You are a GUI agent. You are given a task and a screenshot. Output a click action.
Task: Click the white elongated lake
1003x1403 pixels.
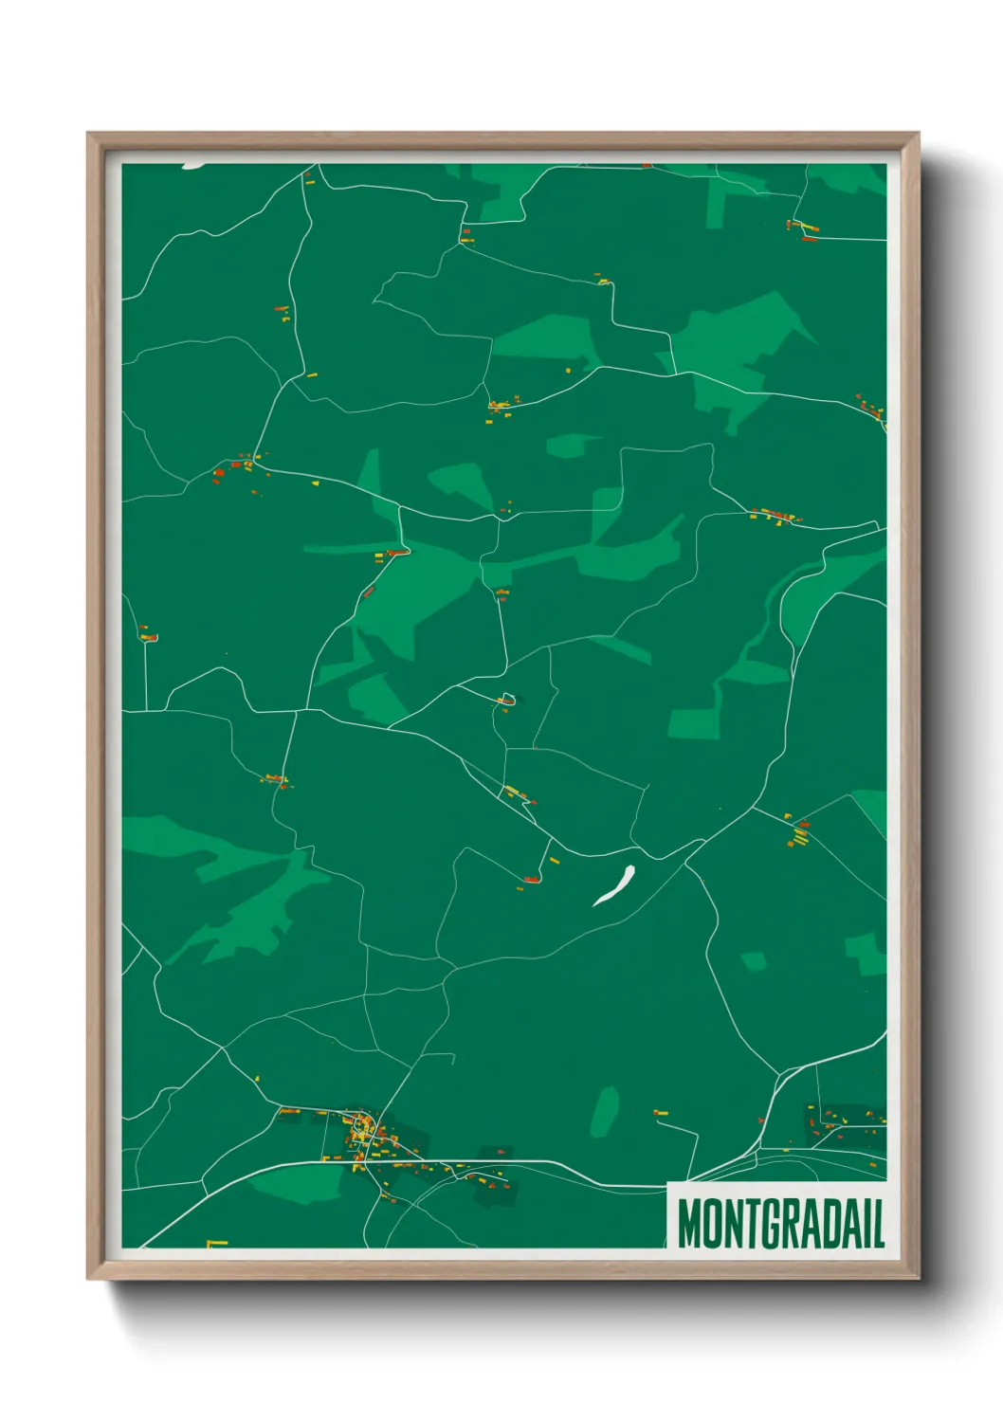614,885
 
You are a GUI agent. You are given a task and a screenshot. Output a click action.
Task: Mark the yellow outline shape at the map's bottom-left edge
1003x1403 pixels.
216,1242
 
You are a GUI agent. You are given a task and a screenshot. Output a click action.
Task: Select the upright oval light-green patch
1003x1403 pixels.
605,1111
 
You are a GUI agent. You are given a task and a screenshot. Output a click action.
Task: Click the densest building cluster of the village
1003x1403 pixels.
362,1131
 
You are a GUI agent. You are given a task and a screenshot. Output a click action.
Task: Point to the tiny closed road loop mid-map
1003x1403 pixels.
507,700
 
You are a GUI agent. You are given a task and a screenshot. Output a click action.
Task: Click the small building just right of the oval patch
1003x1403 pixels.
661,1112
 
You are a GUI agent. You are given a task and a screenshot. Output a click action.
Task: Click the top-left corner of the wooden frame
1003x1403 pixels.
88,134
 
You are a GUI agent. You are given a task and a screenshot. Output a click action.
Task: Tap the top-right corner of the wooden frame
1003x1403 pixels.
918,134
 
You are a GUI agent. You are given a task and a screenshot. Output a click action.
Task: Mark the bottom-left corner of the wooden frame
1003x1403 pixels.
88,1278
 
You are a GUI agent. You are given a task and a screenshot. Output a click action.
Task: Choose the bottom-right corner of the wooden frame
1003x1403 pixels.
918,1278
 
